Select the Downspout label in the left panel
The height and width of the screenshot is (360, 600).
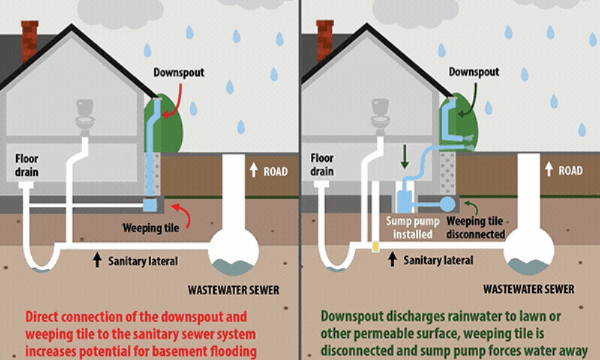(x=179, y=73)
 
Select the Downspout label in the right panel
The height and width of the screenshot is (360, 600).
(x=474, y=72)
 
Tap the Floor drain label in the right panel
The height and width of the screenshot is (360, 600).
(x=322, y=165)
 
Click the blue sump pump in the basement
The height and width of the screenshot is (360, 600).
(x=403, y=198)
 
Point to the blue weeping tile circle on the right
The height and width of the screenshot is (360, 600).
(x=448, y=204)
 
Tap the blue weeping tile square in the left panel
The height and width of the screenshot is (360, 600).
(x=149, y=205)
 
